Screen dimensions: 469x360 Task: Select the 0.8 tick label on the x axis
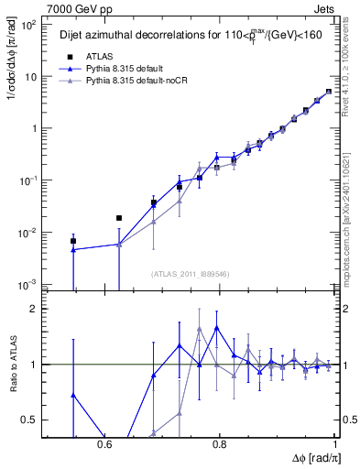click(x=220, y=443)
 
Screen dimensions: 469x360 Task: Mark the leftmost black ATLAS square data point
click(x=73, y=241)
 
